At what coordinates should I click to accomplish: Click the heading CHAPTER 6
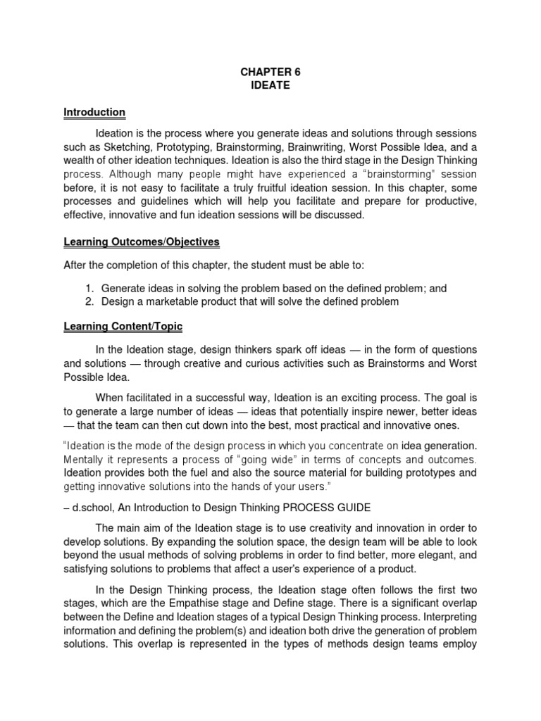[270, 71]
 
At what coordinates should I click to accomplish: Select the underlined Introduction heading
[94, 112]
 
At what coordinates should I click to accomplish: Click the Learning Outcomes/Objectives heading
[142, 242]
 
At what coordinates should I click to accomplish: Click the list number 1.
[89, 289]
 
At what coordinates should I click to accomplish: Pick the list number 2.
[89, 301]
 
